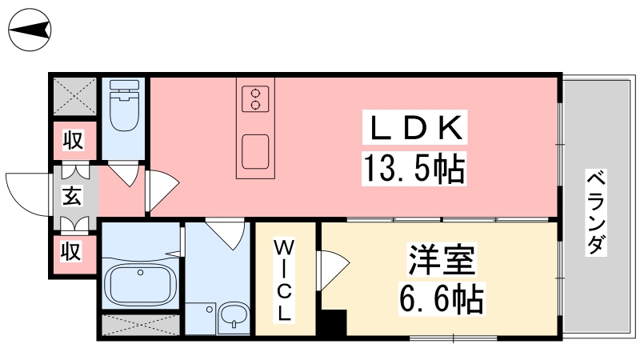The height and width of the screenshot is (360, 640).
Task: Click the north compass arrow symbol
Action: [x=30, y=30]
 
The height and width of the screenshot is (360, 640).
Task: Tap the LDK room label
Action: [x=414, y=127]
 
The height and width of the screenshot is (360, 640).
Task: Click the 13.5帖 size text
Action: [x=414, y=169]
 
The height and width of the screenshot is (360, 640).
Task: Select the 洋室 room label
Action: [x=442, y=259]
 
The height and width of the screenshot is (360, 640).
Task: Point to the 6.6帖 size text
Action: [x=441, y=298]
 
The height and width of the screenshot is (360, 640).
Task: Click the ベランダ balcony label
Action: [x=596, y=212]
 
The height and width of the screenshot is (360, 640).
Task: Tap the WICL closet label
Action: [x=284, y=281]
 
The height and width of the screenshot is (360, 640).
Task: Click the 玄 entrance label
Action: [x=72, y=195]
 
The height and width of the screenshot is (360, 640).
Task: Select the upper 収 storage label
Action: [x=73, y=140]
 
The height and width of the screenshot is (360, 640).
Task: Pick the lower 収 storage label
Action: [x=71, y=250]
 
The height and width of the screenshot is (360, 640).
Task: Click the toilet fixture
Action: [x=124, y=106]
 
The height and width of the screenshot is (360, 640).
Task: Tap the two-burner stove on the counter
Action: [x=255, y=98]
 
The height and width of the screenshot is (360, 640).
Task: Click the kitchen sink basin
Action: [x=255, y=152]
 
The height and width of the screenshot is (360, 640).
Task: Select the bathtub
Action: [x=140, y=285]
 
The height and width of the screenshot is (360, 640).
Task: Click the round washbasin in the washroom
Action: [x=234, y=316]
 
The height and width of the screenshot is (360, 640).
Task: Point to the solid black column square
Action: [x=334, y=322]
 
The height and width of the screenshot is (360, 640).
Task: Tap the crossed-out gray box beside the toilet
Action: [x=74, y=96]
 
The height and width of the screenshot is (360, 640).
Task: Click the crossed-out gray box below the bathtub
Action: [x=141, y=325]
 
